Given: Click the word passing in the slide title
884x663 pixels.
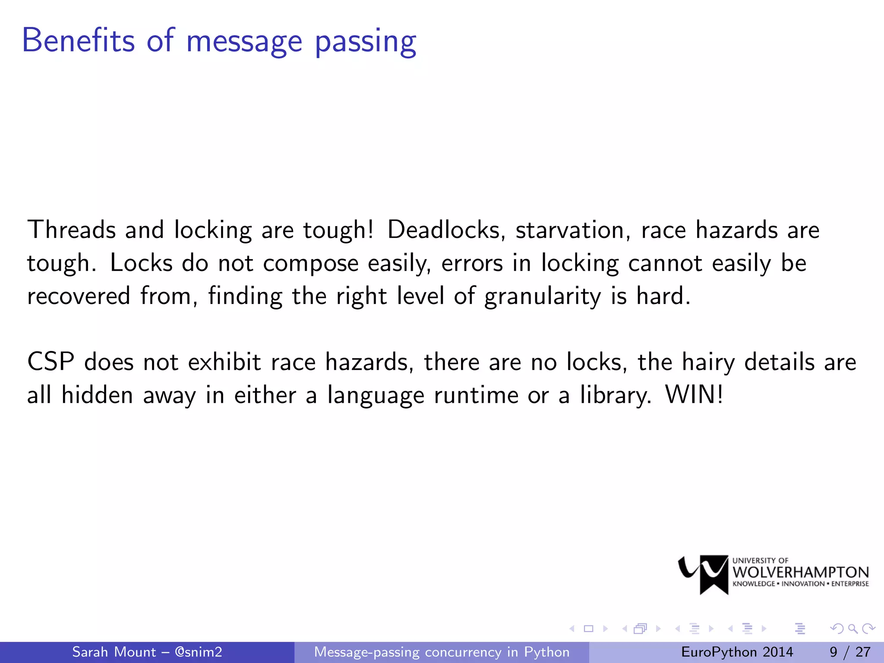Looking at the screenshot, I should [x=366, y=42].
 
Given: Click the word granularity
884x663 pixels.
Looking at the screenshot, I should [x=542, y=297].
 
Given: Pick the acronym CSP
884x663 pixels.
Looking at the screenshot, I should [x=51, y=362].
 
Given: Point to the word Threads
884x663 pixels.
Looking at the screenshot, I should [x=71, y=230].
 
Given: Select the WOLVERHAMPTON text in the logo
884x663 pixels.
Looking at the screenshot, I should [x=801, y=572].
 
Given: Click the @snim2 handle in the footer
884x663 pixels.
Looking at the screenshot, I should [x=199, y=652].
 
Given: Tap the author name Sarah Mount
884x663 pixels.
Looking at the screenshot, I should [x=114, y=652].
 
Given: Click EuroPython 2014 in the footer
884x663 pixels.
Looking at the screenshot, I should [x=737, y=652].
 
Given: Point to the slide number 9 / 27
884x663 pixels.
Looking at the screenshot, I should [x=849, y=652].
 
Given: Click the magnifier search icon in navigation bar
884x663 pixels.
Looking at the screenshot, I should [x=852, y=628].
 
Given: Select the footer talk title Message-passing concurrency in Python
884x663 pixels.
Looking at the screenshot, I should [x=442, y=652].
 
